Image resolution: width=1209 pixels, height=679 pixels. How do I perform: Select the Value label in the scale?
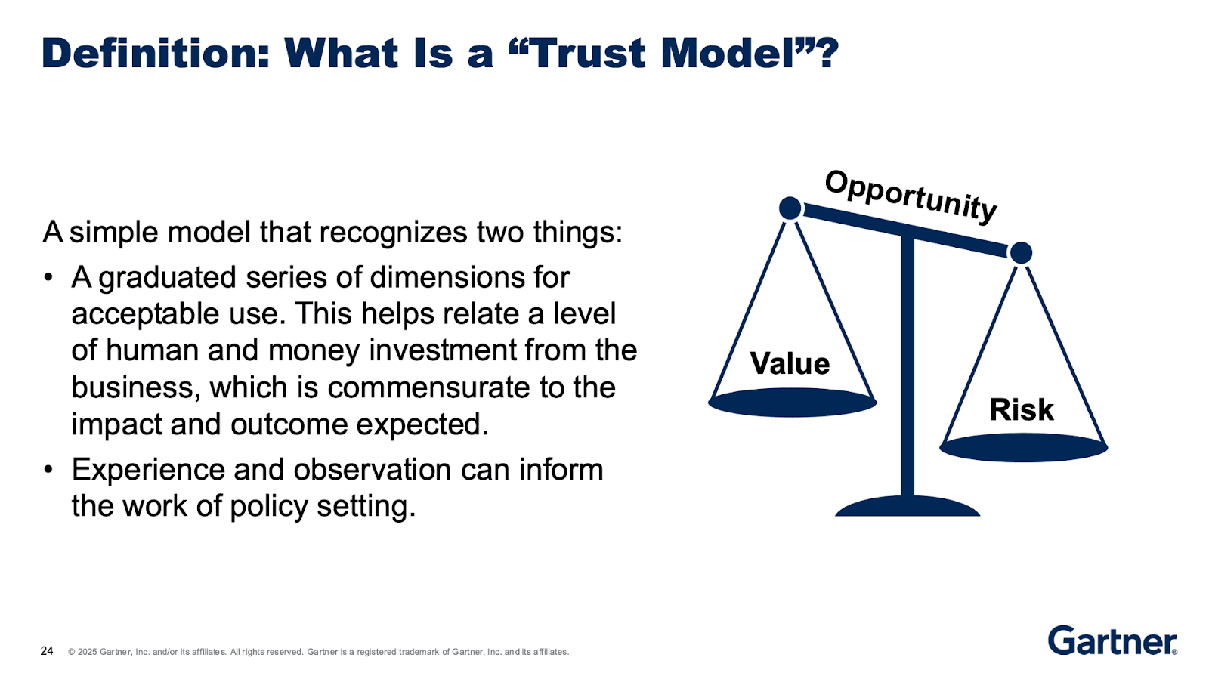[x=790, y=364]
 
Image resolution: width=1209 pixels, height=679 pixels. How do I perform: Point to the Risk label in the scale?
[x=1022, y=410]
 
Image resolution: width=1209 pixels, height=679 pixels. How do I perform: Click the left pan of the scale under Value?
[x=792, y=403]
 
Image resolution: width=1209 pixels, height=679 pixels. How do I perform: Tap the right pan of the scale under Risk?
[x=1023, y=448]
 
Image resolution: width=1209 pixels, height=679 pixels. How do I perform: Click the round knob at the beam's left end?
[x=790, y=208]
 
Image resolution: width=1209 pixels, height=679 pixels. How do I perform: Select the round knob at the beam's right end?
[x=1021, y=253]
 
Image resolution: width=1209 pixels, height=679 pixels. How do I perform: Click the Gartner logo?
[x=1112, y=640]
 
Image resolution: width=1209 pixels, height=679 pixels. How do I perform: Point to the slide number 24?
[x=47, y=650]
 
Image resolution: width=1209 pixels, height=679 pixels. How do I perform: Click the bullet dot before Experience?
[x=48, y=470]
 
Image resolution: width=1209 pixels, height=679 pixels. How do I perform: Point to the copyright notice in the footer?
[x=317, y=651]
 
